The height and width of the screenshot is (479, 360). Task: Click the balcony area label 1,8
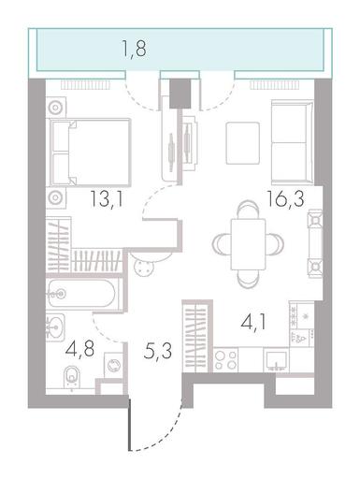134,49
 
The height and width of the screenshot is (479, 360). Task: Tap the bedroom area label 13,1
107,198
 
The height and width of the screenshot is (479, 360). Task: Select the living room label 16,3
285,198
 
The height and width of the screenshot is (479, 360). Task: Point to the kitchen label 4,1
253,322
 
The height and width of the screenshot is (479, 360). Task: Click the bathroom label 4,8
80,349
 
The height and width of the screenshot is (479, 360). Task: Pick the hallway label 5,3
158,351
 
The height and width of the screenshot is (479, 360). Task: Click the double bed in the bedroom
91,152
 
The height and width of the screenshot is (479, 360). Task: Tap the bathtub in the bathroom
82,294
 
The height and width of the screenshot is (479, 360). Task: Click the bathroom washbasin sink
55,327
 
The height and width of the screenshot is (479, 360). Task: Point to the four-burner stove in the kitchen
225,360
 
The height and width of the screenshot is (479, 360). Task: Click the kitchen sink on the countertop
276,360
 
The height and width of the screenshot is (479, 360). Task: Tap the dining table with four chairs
248,244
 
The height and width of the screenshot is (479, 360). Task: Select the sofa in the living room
293,142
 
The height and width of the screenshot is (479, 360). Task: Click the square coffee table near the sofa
243,143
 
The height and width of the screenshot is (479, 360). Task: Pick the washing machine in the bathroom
113,365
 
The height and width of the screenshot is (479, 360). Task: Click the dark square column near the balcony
180,94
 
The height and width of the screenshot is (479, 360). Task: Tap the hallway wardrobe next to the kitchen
195,337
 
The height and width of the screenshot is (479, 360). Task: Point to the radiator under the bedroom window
85,85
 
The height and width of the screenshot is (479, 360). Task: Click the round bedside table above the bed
56,108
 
